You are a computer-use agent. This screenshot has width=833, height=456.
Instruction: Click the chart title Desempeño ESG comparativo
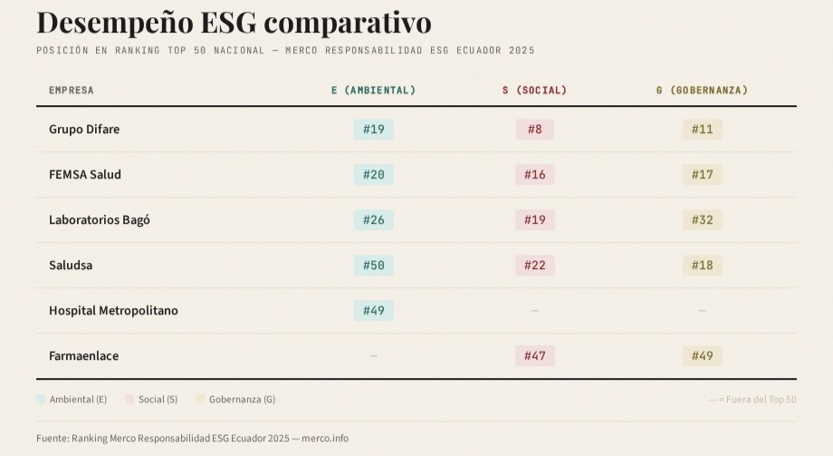[x=234, y=22]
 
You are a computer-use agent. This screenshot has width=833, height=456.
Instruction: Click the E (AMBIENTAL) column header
[x=373, y=91]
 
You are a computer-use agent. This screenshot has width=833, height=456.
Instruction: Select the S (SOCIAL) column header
[x=534, y=91]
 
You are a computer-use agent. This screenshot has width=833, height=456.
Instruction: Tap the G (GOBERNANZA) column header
[x=702, y=91]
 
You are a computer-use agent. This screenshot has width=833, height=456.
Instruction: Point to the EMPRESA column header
[x=72, y=91]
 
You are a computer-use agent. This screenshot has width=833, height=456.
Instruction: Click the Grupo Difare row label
[x=84, y=130]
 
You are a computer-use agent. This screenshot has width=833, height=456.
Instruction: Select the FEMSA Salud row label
[x=85, y=175]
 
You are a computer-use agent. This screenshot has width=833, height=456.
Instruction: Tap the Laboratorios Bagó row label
[x=100, y=220]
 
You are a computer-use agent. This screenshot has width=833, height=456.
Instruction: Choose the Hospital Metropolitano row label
[x=113, y=311]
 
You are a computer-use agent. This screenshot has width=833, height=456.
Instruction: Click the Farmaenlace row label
[x=83, y=356]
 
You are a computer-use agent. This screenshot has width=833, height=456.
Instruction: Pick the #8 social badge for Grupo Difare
[x=534, y=130]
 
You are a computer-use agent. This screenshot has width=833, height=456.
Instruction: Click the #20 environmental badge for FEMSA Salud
[x=373, y=175]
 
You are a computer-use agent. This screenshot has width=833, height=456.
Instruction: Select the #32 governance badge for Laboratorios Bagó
[x=702, y=220]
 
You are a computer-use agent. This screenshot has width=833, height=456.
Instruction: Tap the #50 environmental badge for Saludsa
[x=373, y=266]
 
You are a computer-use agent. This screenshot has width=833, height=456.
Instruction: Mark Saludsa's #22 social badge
[x=534, y=266]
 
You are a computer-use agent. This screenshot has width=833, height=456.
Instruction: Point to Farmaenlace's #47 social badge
[x=534, y=356]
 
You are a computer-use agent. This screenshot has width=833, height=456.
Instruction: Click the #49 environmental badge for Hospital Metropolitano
[x=373, y=311]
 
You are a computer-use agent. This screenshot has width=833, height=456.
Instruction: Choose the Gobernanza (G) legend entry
[x=242, y=400]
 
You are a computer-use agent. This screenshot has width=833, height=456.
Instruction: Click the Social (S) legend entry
[x=158, y=400]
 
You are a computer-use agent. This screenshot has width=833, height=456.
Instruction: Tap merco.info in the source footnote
[x=325, y=439]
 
